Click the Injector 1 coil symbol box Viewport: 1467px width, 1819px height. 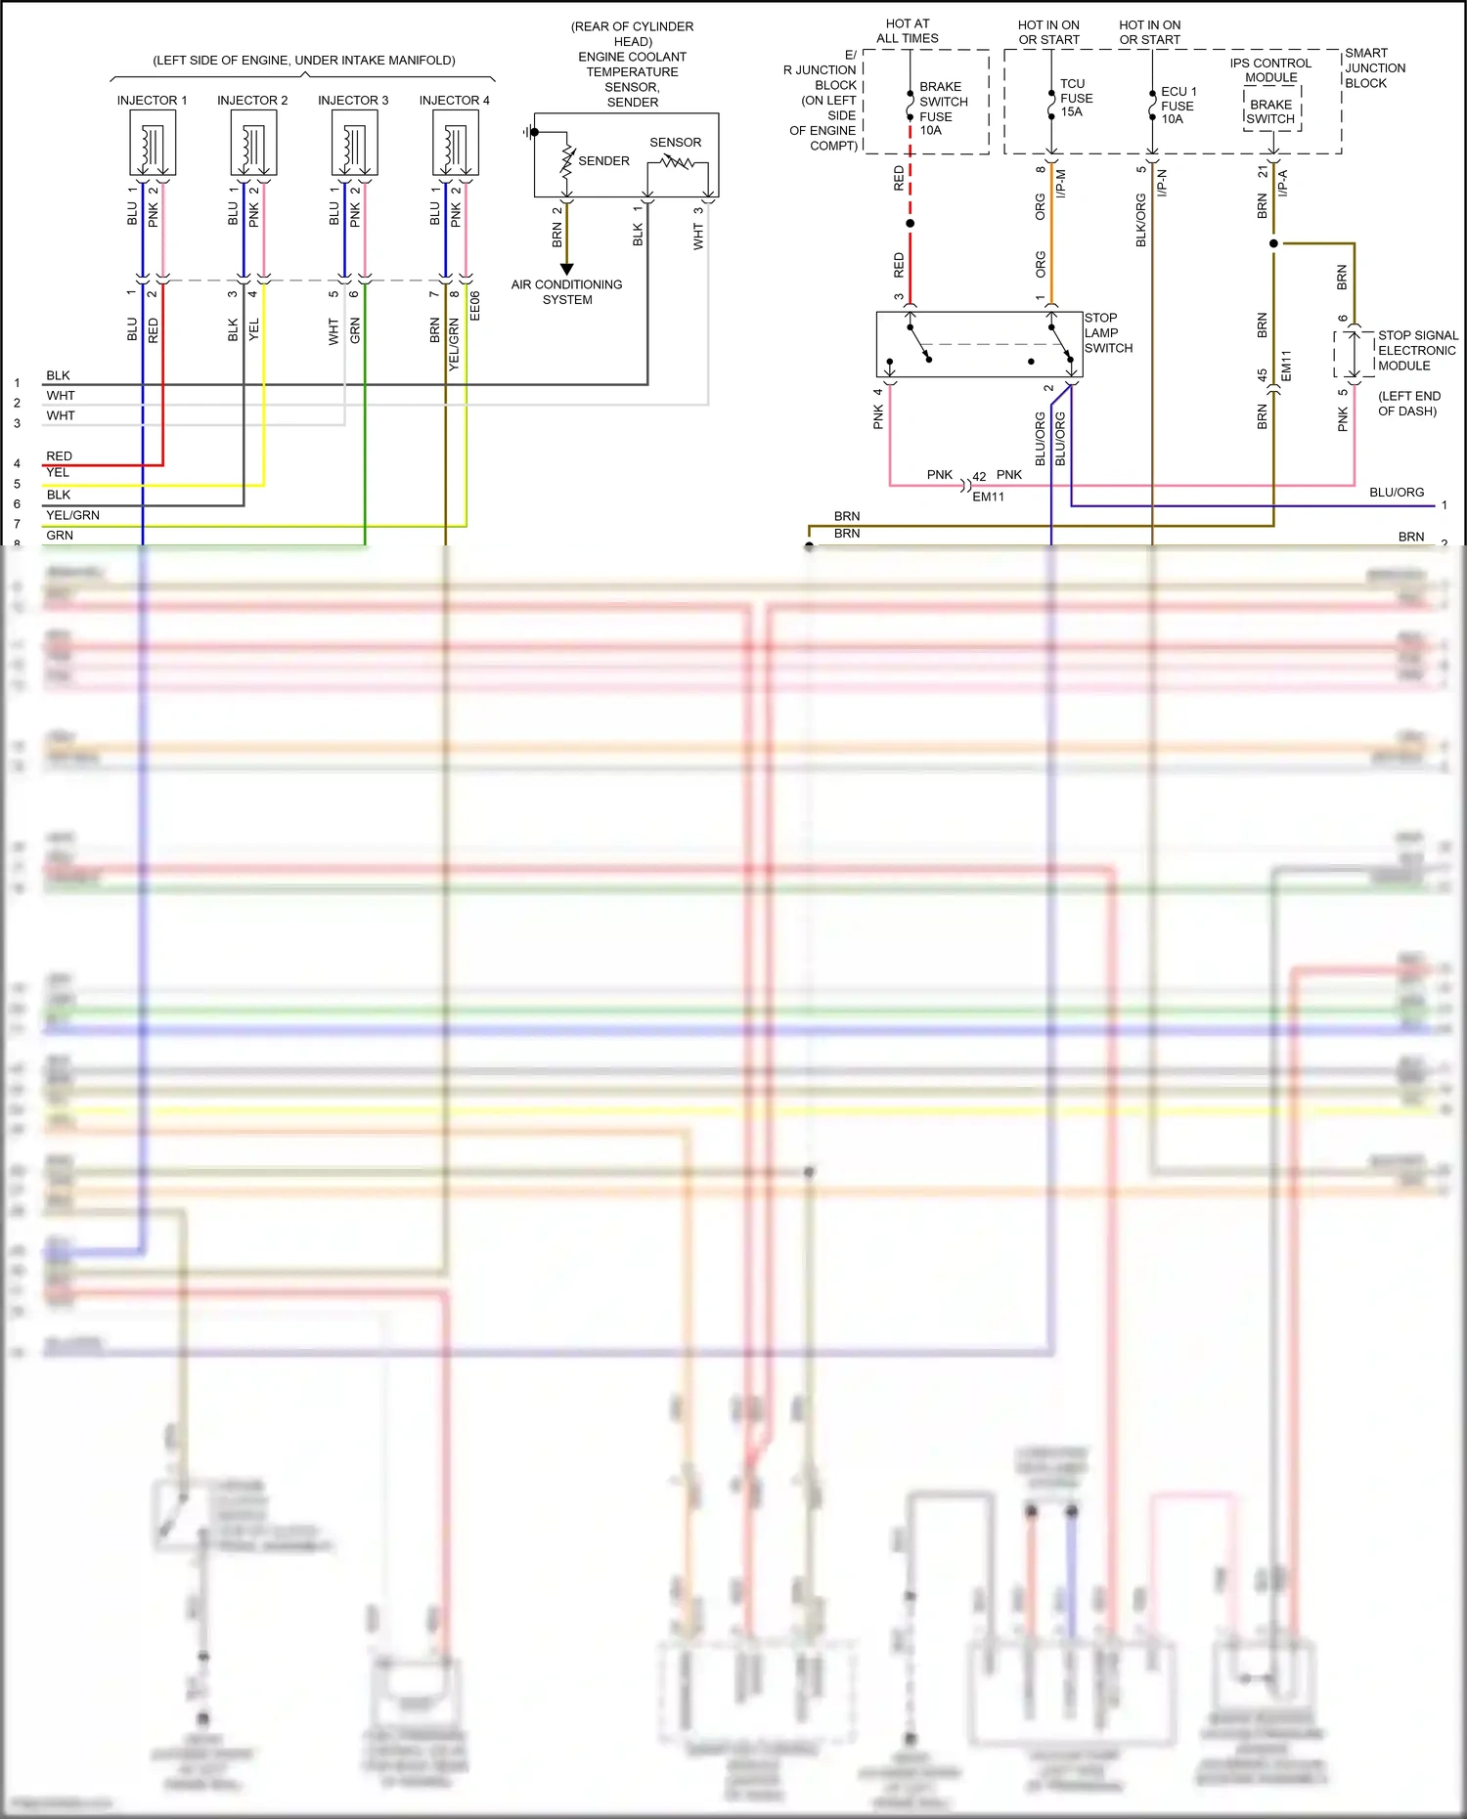[x=153, y=143]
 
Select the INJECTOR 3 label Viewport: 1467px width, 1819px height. [x=353, y=101]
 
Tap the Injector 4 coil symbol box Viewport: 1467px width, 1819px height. [x=456, y=143]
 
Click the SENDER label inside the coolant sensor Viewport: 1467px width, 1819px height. [x=603, y=161]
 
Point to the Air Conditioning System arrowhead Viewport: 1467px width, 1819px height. [x=566, y=269]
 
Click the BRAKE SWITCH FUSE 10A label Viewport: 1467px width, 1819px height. [x=943, y=108]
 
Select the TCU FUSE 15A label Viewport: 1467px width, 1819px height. [x=1076, y=98]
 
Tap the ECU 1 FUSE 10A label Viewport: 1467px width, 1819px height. [x=1178, y=106]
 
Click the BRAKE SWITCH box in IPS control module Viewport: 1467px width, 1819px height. [x=1271, y=111]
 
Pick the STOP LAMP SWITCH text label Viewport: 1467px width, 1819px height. [x=1108, y=333]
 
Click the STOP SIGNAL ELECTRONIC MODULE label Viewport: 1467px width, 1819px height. [x=1417, y=351]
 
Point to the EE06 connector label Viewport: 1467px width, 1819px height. [x=475, y=306]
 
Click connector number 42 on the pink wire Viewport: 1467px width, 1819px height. [x=979, y=477]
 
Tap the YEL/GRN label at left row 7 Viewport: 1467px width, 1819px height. [x=72, y=515]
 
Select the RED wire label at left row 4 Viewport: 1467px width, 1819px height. [x=59, y=456]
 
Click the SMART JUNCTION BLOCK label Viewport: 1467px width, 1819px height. [x=1374, y=68]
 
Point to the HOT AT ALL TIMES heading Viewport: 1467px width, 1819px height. [x=908, y=31]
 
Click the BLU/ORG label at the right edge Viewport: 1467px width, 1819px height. [x=1396, y=493]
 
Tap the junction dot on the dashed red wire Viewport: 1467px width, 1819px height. [x=911, y=224]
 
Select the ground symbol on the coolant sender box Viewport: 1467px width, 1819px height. [x=529, y=132]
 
